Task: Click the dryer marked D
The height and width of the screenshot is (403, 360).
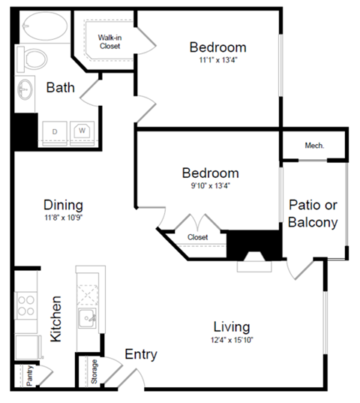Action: click(55, 132)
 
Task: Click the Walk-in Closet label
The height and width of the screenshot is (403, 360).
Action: click(110, 41)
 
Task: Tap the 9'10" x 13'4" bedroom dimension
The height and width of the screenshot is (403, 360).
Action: click(209, 187)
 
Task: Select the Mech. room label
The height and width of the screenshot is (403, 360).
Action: click(314, 146)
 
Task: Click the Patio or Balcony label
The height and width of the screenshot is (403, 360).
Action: click(313, 214)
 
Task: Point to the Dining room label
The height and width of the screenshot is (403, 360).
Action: click(63, 205)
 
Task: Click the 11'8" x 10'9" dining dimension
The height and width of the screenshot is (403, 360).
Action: click(63, 220)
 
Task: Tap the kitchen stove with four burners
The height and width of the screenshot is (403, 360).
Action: click(27, 307)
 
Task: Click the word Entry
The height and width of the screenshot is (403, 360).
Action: click(140, 354)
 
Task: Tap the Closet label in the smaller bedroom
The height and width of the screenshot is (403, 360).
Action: click(198, 237)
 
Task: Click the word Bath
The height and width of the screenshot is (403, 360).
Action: click(61, 88)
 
